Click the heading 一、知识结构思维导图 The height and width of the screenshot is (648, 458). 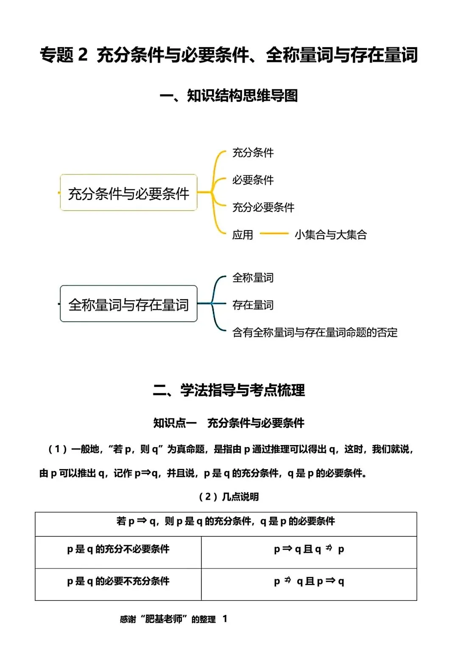229,96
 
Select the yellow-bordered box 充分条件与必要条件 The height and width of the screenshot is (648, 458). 128,192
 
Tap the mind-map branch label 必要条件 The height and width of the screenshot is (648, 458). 253,180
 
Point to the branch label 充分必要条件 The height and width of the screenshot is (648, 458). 263,207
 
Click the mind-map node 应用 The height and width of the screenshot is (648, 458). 243,234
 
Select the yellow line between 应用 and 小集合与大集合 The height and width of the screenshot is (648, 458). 274,233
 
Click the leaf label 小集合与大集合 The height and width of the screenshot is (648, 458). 331,234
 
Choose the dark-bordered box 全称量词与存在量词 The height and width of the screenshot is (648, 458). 128,304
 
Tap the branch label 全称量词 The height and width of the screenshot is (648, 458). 253,278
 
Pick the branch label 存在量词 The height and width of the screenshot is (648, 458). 253,305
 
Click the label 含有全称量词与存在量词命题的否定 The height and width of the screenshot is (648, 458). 315,332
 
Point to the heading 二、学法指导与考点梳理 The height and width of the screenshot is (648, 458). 229,390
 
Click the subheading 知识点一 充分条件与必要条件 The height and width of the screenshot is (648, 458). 229,423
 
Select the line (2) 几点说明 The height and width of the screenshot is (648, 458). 229,497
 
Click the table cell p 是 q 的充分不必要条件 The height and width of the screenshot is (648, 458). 118,549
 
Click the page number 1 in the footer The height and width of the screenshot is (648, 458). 225,619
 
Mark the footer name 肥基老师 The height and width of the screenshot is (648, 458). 164,619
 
